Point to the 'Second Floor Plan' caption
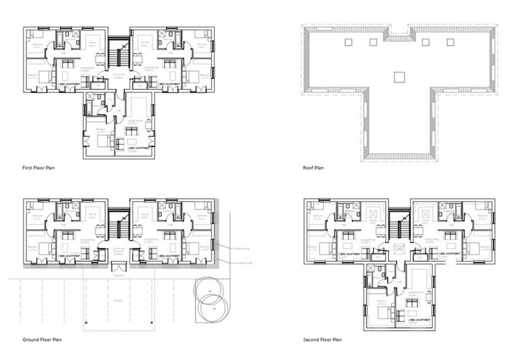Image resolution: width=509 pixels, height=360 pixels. [x=322, y=339]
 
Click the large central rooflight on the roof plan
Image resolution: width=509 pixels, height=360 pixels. [x=399, y=77]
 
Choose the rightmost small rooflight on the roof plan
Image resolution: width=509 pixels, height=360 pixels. [x=451, y=42]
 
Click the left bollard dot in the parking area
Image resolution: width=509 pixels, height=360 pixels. [x=86, y=322]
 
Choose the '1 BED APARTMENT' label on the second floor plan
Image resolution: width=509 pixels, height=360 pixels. [x=419, y=320]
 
